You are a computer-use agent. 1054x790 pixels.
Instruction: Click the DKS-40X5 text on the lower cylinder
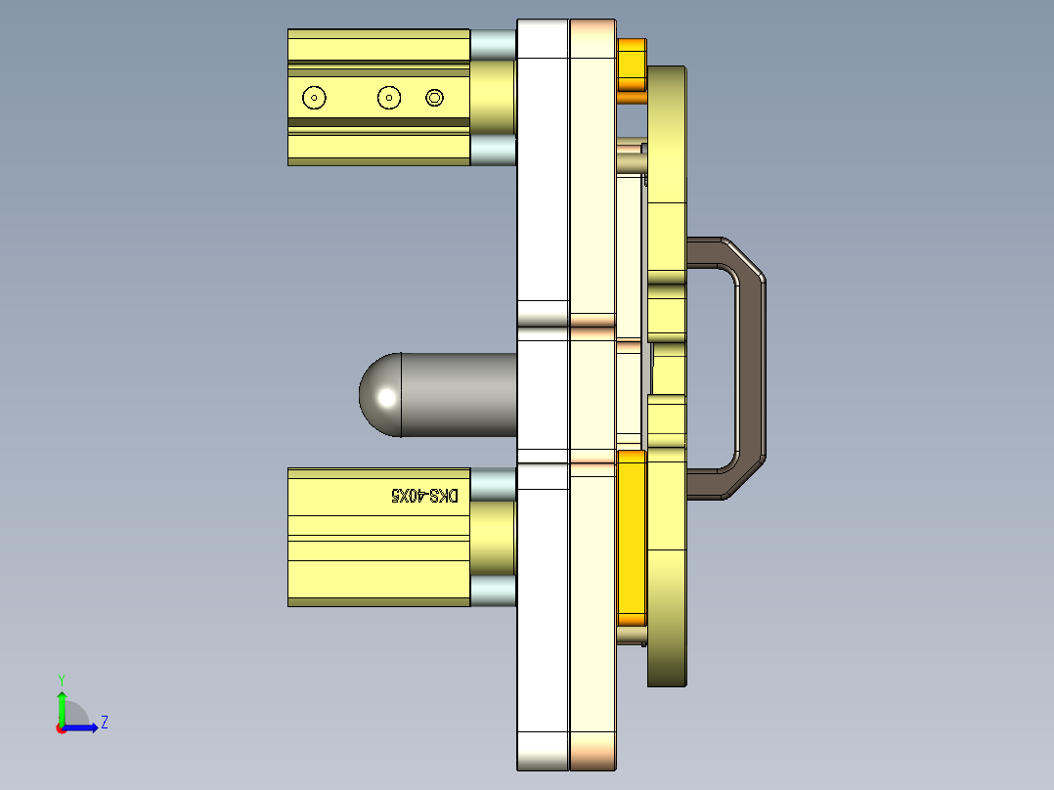(424, 496)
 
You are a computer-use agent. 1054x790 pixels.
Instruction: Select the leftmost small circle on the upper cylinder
(314, 98)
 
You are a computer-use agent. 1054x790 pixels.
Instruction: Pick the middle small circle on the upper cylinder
(389, 97)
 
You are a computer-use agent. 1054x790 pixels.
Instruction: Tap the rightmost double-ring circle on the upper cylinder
(435, 97)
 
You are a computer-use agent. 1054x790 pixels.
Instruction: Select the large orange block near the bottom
(633, 538)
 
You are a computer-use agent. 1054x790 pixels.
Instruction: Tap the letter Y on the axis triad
(62, 680)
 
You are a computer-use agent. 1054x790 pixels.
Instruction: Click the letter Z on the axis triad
(104, 724)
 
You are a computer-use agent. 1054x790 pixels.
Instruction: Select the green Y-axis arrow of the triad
(62, 707)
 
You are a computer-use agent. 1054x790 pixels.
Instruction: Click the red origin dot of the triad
(61, 728)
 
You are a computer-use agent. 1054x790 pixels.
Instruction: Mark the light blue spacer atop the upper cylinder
(493, 43)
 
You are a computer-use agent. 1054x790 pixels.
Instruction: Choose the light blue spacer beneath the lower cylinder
(493, 591)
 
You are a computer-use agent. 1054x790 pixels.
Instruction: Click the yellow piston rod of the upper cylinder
(493, 97)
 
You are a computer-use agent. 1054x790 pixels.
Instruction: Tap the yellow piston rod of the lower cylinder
(493, 538)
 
